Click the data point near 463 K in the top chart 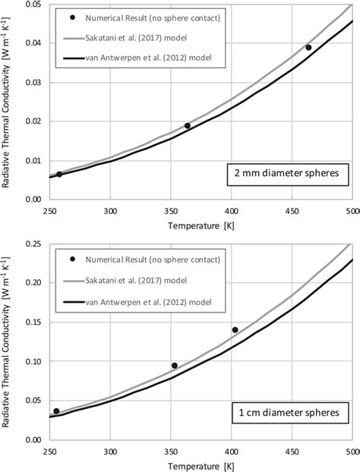pos(308,47)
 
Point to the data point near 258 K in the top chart pos(59,174)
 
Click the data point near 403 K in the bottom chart pos(235,329)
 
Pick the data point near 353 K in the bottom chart pos(175,365)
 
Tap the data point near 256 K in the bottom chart pos(56,411)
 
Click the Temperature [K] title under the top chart pos(201,227)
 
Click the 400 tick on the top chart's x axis pos(232,210)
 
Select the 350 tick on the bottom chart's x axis pos(171,449)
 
